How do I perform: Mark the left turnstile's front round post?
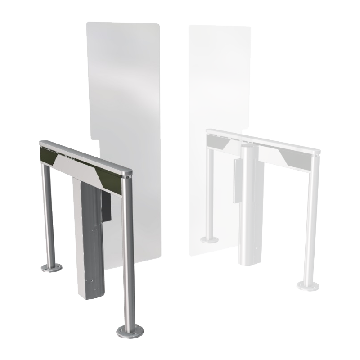128,252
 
